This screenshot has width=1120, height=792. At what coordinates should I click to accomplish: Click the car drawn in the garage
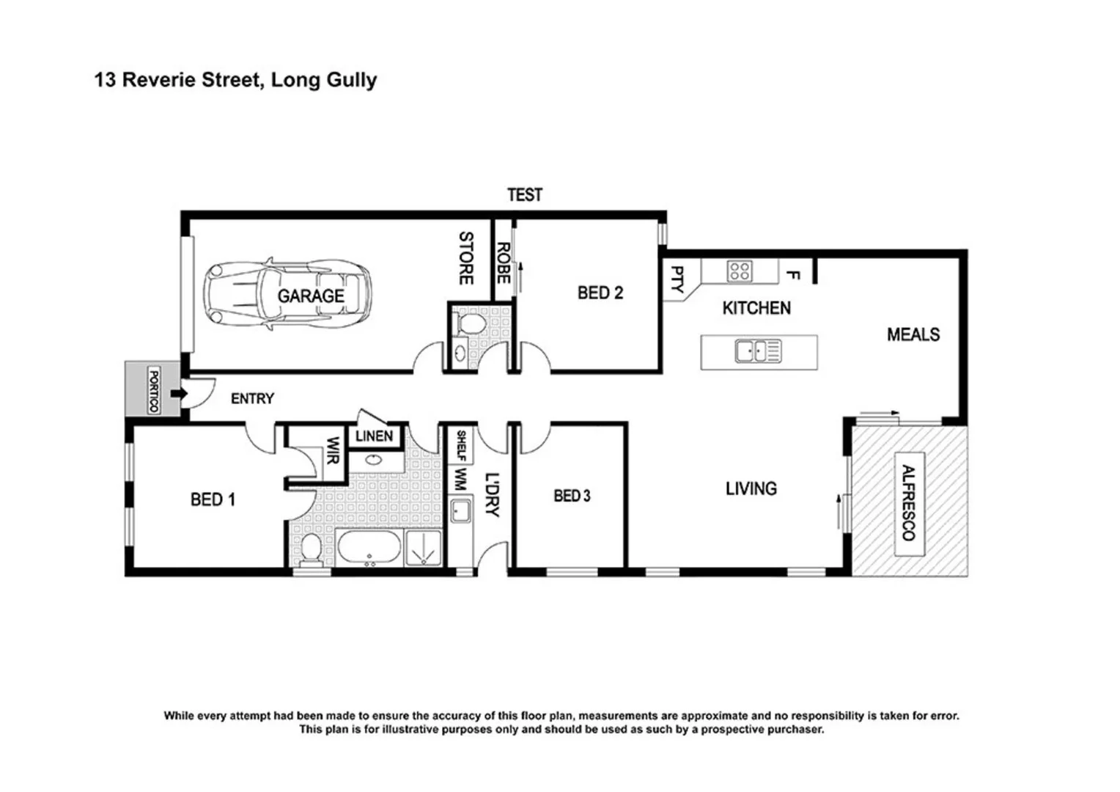288,296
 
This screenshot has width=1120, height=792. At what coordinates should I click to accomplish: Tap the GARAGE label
311,296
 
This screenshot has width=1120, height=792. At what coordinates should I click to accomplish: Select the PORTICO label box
154,390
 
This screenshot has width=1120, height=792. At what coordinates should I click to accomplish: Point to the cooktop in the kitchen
738,271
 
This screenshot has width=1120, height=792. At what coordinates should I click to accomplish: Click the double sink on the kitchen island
758,351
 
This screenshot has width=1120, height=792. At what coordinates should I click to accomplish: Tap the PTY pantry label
677,279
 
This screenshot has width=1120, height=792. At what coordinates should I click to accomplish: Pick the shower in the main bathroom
424,549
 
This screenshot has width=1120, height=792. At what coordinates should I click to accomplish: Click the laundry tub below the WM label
460,510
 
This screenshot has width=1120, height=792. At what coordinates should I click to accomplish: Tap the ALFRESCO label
909,503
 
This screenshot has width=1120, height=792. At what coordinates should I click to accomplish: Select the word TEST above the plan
525,195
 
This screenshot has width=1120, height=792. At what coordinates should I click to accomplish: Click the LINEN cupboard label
374,436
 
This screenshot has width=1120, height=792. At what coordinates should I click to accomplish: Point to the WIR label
332,451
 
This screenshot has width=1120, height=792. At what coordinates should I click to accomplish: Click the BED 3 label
572,496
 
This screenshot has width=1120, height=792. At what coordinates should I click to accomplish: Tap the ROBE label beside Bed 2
503,263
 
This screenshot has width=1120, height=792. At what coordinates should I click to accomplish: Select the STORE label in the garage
466,258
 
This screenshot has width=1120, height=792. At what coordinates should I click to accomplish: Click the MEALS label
913,335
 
